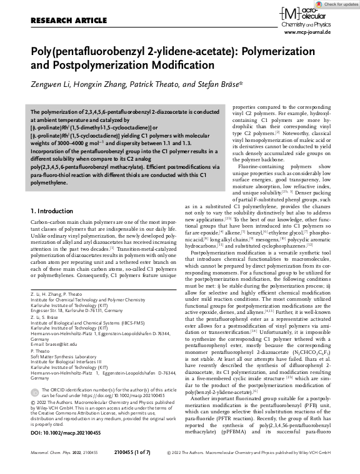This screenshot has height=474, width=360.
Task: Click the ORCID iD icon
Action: [34, 393]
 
